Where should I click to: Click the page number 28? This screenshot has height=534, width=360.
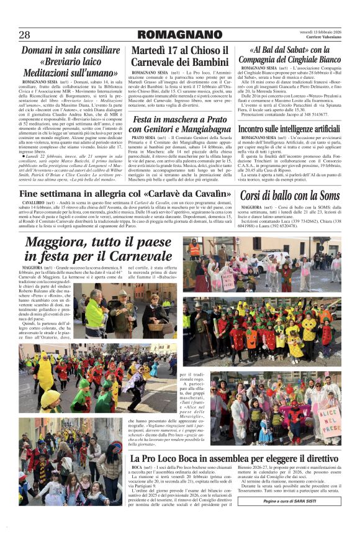[x=25, y=34]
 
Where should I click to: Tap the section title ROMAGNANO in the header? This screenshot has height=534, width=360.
[x=179, y=34]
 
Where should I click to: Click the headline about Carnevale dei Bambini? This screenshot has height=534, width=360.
[x=179, y=56]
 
